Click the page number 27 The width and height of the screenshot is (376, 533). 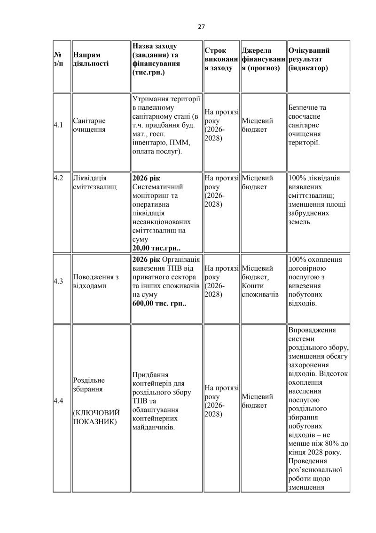(x=201, y=27)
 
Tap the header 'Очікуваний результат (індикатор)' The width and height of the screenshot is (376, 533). (x=308, y=59)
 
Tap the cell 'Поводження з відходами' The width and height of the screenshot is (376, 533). (x=93, y=281)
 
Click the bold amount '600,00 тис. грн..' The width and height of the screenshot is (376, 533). (x=159, y=304)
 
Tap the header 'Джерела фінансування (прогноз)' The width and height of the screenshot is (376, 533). (x=263, y=59)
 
